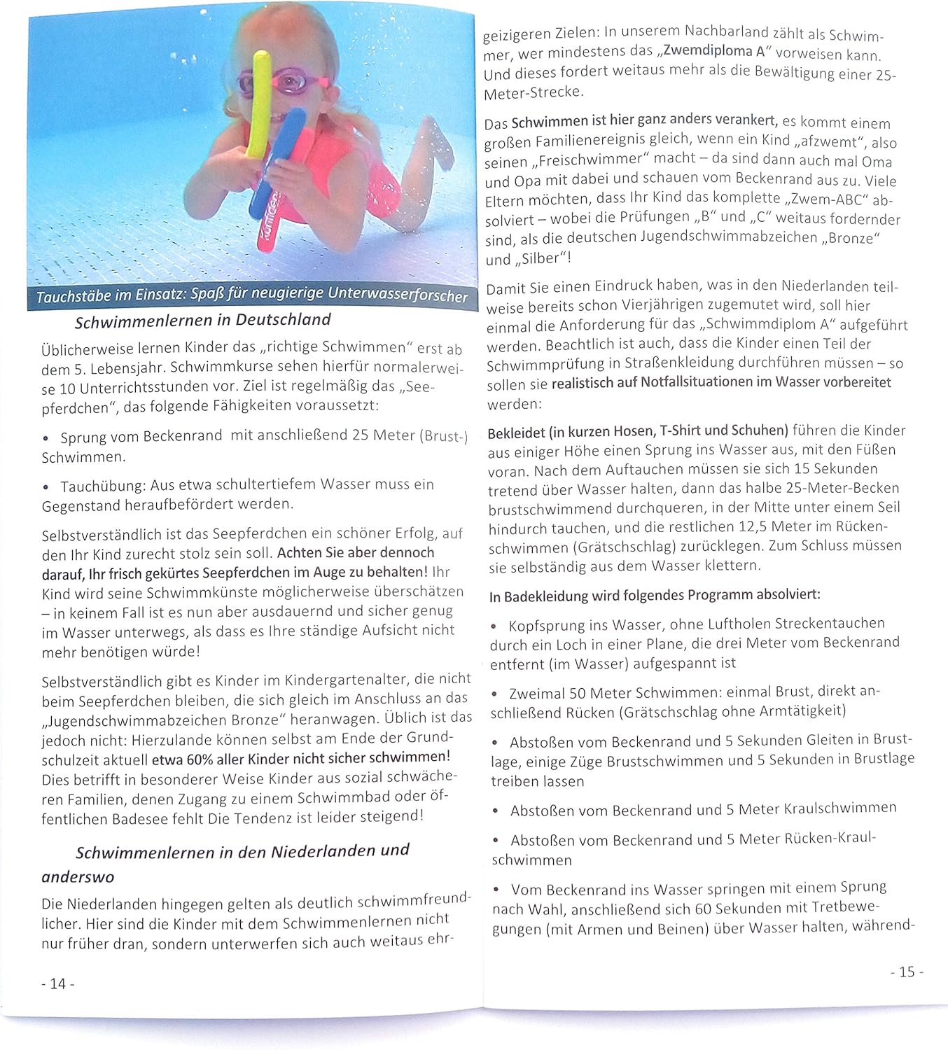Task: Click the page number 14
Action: tap(57, 983)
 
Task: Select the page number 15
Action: tap(907, 972)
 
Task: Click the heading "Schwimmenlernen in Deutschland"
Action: tap(202, 321)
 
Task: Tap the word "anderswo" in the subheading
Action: tap(78, 877)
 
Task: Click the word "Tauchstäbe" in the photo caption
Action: tap(74, 297)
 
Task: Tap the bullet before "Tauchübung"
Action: tap(46, 486)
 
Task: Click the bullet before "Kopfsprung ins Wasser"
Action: tap(494, 625)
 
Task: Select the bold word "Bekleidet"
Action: tap(515, 431)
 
